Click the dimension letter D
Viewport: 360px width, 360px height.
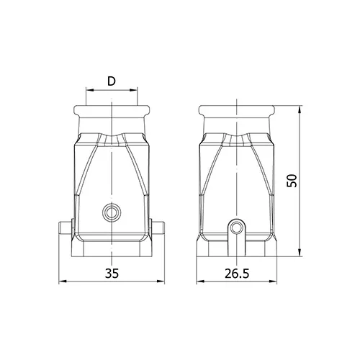pos(112,81)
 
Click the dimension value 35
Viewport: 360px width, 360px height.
pos(112,274)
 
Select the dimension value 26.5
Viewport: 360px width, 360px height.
pos(237,274)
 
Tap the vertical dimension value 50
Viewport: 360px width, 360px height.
pos(292,181)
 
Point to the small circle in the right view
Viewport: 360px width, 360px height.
pos(237,228)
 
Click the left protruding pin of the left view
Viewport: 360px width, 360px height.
pos(66,228)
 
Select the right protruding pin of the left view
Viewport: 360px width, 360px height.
pos(158,228)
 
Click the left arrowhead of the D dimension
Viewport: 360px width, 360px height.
pos(89,90)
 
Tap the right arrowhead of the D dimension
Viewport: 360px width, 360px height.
pos(134,90)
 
